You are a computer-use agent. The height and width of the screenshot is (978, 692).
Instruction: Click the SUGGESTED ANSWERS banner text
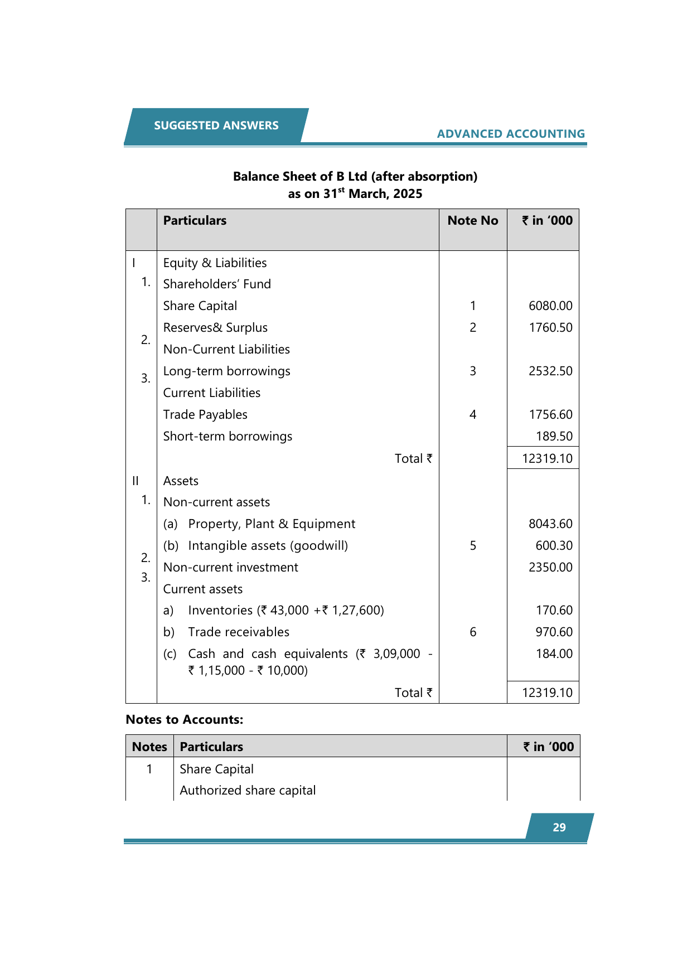click(216, 125)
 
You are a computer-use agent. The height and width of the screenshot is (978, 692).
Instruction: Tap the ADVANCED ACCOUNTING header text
click(511, 134)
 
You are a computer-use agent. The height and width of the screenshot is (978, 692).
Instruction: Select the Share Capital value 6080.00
click(550, 306)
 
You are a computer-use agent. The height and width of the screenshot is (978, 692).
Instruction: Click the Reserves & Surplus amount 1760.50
click(550, 327)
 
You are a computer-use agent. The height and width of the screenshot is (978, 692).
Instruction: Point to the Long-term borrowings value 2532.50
click(550, 371)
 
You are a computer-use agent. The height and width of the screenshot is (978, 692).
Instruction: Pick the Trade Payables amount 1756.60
click(550, 414)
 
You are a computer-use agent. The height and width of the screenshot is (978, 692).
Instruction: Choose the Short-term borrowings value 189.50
click(554, 436)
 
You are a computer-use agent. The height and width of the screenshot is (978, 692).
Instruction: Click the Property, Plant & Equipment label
click(272, 524)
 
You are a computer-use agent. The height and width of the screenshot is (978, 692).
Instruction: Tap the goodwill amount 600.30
click(554, 545)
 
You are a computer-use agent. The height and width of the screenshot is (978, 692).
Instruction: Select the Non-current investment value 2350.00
click(550, 567)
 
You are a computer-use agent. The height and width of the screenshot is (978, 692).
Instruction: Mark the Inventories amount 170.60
click(554, 610)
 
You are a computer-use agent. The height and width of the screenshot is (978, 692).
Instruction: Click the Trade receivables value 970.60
click(554, 632)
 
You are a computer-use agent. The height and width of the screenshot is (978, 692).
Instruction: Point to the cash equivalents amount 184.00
click(554, 653)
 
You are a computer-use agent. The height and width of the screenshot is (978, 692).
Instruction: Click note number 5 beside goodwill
click(473, 545)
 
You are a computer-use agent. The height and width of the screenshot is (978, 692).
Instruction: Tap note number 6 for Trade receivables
click(473, 632)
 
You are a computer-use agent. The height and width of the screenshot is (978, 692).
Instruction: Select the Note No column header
click(473, 220)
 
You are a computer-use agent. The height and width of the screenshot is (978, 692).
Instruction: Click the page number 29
click(559, 827)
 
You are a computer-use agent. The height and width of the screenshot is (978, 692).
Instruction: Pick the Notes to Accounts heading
click(185, 719)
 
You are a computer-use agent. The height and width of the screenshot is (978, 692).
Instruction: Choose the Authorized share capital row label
click(248, 790)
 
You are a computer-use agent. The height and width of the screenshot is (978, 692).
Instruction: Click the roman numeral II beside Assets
click(136, 481)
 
